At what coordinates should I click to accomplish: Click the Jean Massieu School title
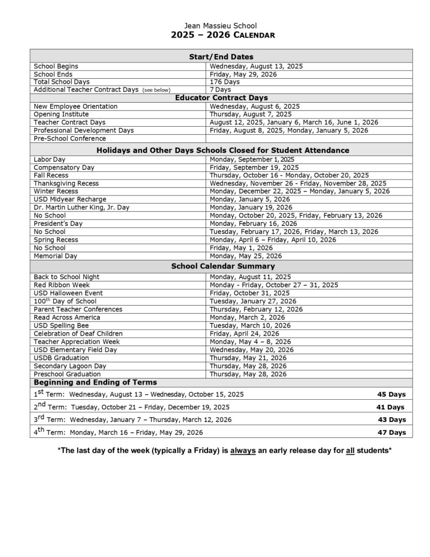[x=221, y=26]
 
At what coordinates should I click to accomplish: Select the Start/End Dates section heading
[x=221, y=57]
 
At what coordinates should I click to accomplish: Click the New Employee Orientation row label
[x=75, y=107]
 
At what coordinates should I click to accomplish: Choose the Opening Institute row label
[x=61, y=114]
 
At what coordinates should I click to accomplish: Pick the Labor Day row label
[x=49, y=159]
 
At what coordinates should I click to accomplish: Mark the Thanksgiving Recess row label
[x=66, y=183]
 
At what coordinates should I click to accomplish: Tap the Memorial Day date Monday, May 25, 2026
[x=246, y=256]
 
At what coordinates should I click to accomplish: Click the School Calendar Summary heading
[x=223, y=266]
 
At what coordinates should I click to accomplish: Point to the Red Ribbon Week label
[x=61, y=284]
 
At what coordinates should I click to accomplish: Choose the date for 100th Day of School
[x=253, y=301]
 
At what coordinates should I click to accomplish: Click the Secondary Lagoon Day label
[x=70, y=366]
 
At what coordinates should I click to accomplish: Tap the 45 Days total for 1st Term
[x=391, y=394]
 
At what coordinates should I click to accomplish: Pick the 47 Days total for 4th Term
[x=391, y=432]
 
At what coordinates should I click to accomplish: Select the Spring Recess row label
[x=55, y=239]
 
